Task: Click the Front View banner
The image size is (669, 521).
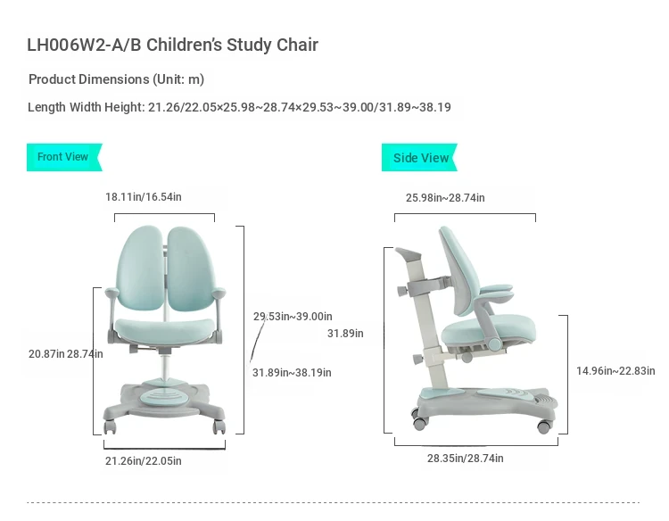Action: [x=64, y=157]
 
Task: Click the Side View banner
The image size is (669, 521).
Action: [x=419, y=157]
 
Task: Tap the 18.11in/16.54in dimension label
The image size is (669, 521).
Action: [x=144, y=196]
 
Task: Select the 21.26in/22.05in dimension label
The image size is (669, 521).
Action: [x=144, y=461]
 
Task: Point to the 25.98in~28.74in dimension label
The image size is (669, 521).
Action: [x=445, y=197]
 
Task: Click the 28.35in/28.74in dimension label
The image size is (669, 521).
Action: [x=465, y=459]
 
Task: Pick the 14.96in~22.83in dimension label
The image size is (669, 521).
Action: [x=615, y=371]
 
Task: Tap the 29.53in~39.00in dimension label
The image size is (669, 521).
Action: [x=293, y=316]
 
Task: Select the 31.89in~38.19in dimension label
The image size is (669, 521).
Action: [x=292, y=373]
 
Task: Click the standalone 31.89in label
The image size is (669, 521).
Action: [x=345, y=334]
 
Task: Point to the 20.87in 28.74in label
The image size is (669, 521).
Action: [x=66, y=354]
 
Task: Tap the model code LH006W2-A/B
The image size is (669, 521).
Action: [x=84, y=45]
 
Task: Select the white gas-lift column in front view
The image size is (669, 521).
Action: [x=165, y=366]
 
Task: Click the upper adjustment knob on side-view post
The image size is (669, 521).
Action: [x=402, y=292]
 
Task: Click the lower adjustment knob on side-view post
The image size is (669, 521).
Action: [x=418, y=360]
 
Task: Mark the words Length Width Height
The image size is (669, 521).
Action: [x=87, y=107]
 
